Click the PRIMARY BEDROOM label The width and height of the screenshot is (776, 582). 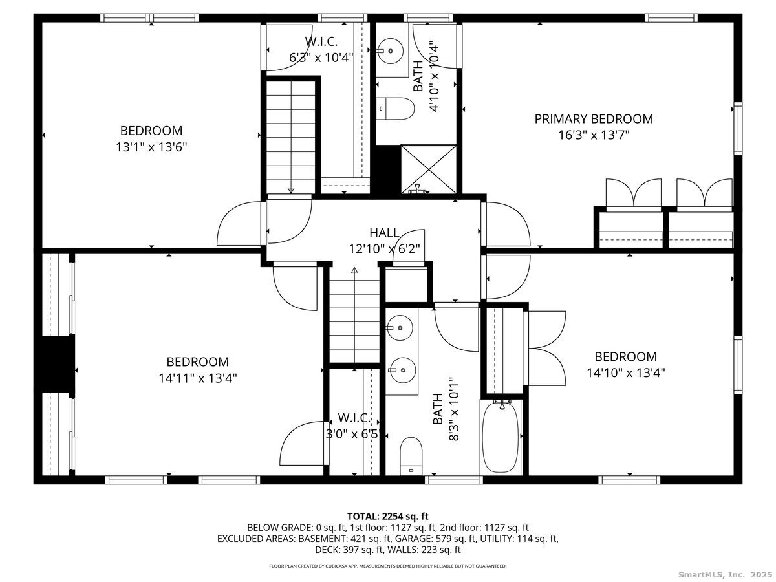pos(593,119)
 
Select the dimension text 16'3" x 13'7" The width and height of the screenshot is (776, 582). pos(593,135)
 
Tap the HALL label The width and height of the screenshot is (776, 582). pos(384,233)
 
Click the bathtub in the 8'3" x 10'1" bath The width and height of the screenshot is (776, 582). pos(501,437)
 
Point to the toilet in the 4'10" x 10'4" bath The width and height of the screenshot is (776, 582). pos(396,109)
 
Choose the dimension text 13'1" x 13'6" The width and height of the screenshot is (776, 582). pos(151,147)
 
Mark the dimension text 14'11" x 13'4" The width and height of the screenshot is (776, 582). pos(197,378)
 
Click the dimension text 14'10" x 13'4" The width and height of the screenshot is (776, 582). pos(625,372)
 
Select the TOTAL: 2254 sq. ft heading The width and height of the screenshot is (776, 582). pos(388,516)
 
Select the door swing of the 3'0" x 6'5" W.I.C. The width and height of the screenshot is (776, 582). pos(303,443)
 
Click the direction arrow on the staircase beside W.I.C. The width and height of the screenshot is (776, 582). pos(291,190)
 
